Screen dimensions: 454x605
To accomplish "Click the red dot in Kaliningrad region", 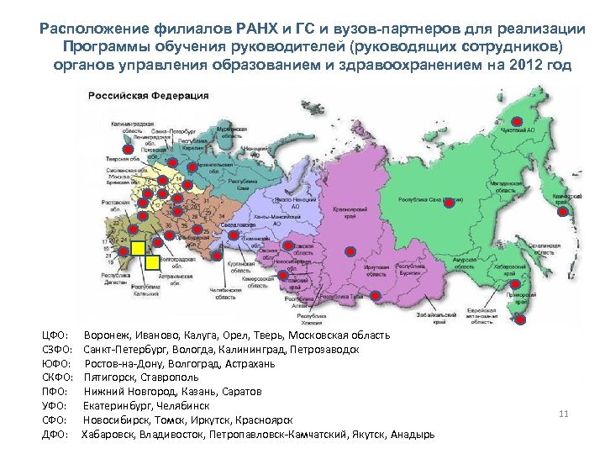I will click(x=128, y=150).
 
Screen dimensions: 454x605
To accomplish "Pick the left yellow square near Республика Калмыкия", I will click(x=137, y=248).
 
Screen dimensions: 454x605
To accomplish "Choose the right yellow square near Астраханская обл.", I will click(x=152, y=261).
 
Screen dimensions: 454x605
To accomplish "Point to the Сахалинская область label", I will click(x=542, y=250).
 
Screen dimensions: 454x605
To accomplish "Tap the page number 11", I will click(x=564, y=413).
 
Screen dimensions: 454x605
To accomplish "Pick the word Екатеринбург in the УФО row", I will click(x=118, y=405).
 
